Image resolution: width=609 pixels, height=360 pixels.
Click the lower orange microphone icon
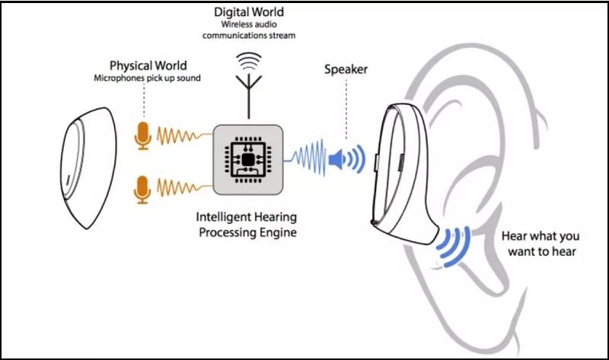(x=142, y=188)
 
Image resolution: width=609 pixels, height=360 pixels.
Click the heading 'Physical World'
(x=148, y=65)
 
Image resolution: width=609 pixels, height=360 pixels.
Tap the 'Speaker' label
(x=346, y=69)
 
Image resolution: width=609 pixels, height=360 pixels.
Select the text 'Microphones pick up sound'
(x=148, y=78)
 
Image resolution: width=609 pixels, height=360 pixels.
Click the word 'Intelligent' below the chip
(x=222, y=215)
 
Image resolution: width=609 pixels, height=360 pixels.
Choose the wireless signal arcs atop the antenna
(x=247, y=59)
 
